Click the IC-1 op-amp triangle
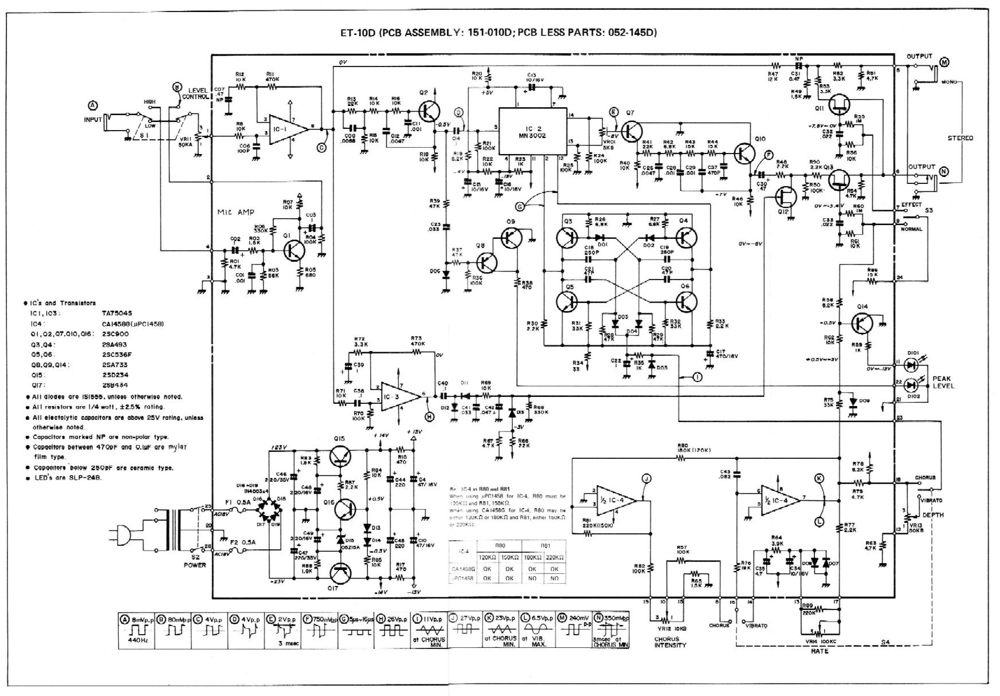point(282,130)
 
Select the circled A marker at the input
point(93,105)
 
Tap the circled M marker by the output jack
point(944,61)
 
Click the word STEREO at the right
point(960,138)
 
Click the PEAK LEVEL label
point(942,383)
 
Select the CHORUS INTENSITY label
point(670,641)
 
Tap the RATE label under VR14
point(819,651)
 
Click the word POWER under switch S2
point(195,565)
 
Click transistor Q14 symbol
point(861,324)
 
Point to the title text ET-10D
point(358,33)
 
